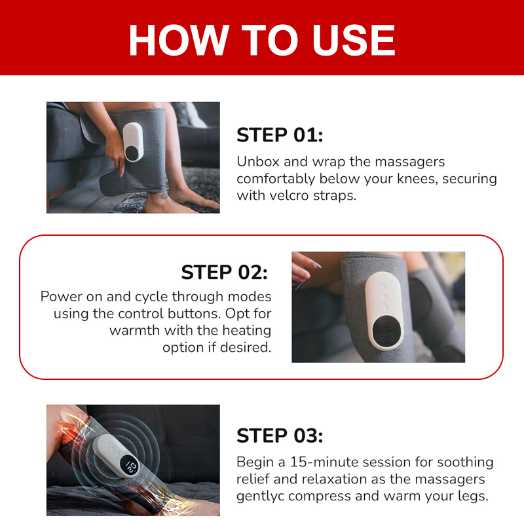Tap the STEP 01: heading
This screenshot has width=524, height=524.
pos(280,135)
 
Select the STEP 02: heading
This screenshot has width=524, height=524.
pos(225,272)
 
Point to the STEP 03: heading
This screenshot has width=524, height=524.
pos(280,436)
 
